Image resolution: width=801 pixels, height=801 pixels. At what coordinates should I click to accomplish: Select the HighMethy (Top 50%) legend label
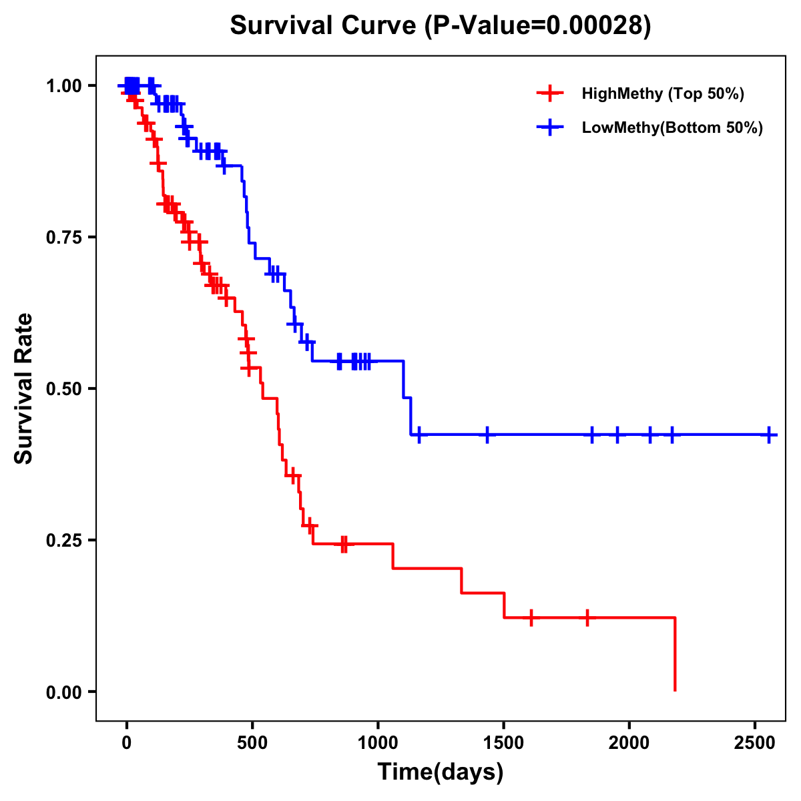tap(662, 93)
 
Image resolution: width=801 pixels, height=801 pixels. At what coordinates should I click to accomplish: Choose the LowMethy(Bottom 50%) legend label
tap(672, 128)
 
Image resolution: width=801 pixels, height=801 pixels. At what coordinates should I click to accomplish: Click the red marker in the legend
tap(549, 93)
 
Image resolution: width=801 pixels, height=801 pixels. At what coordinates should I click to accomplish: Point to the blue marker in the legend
tap(549, 128)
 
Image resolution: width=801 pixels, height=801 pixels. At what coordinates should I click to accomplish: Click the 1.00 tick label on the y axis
tap(64, 85)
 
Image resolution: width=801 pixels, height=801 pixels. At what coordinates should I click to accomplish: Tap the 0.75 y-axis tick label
tap(64, 237)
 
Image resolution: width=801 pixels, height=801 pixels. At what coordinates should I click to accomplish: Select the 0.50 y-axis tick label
tap(64, 388)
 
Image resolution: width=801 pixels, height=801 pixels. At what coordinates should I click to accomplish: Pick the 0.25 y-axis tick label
tap(64, 540)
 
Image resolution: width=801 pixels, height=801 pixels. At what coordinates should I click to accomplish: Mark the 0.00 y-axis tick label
tap(64, 692)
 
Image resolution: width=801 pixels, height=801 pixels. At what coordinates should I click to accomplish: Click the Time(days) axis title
tap(441, 772)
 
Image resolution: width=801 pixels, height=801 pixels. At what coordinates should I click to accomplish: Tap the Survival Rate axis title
tap(24, 388)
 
